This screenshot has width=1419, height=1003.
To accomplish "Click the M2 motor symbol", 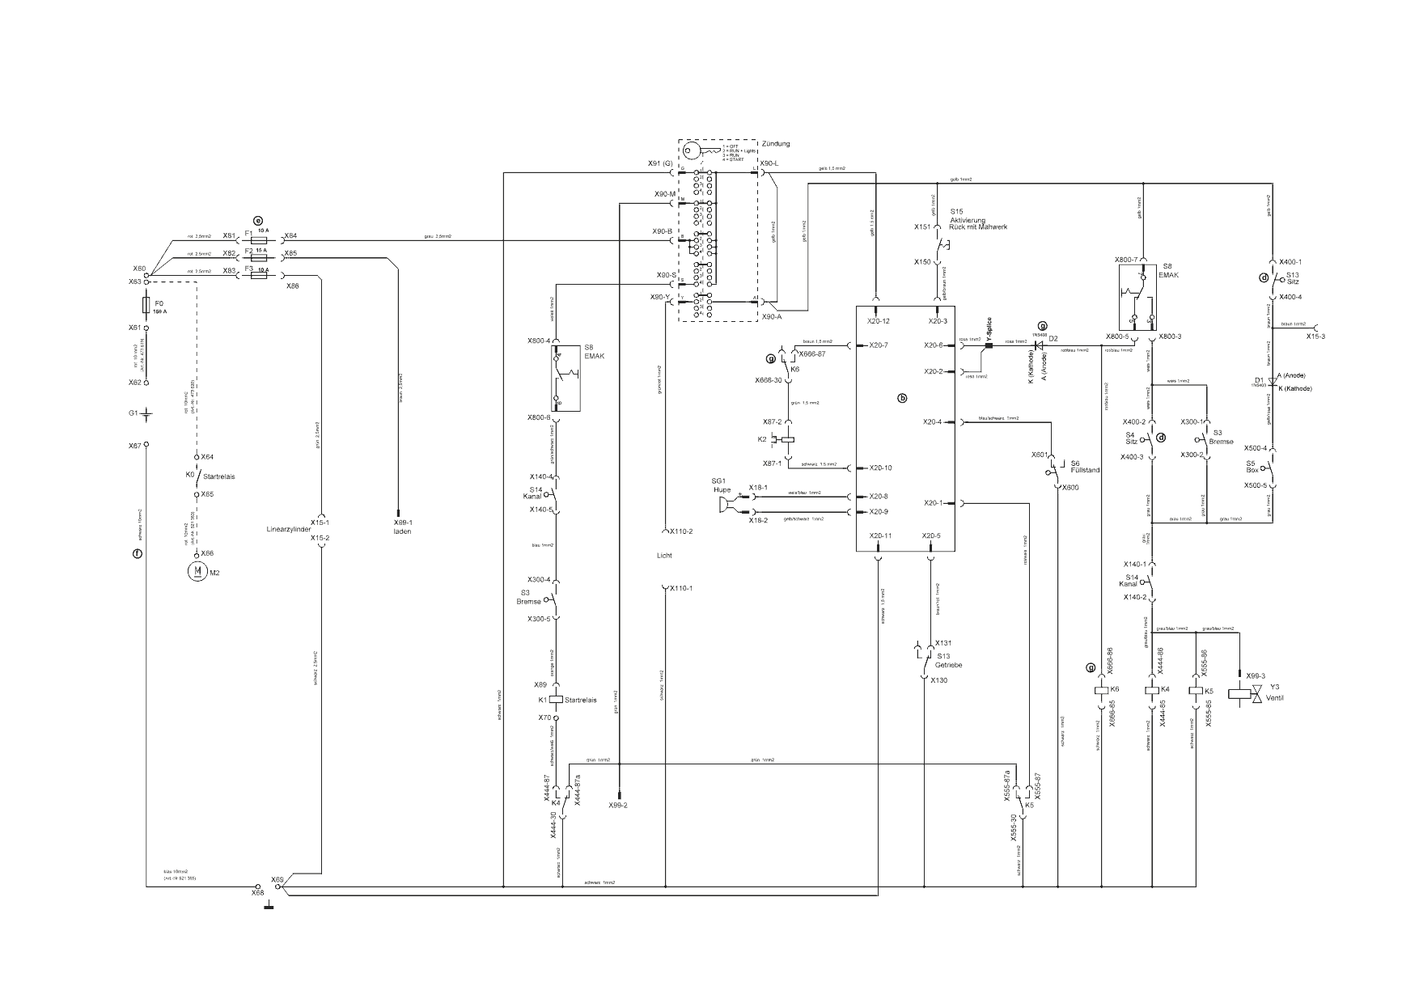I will (x=197, y=572).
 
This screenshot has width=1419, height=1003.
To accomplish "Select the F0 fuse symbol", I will (x=146, y=305).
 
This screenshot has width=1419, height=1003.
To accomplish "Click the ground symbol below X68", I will (x=269, y=905).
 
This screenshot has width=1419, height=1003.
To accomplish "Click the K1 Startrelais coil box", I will (x=555, y=700).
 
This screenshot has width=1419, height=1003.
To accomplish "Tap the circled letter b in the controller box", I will (x=904, y=398).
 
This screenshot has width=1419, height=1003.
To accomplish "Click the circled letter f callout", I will (x=138, y=554).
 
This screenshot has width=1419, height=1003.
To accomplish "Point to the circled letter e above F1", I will (x=259, y=220).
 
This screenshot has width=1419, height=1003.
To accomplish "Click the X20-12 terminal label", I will (x=879, y=322).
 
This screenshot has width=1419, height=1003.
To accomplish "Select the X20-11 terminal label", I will (x=880, y=536).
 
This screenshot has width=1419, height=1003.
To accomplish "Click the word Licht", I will (x=664, y=556).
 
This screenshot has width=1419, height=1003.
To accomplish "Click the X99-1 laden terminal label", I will (x=403, y=527).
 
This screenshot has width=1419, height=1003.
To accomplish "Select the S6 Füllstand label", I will (x=1084, y=467).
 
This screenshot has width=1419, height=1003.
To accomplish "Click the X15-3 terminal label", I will (x=1315, y=336).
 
